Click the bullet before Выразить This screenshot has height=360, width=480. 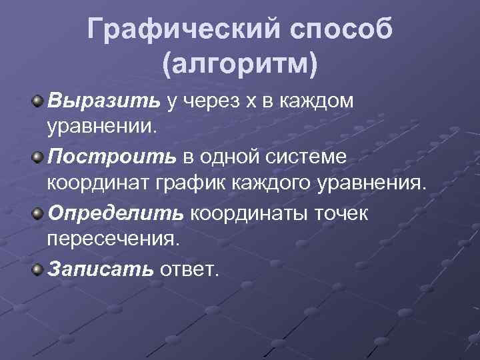38,101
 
